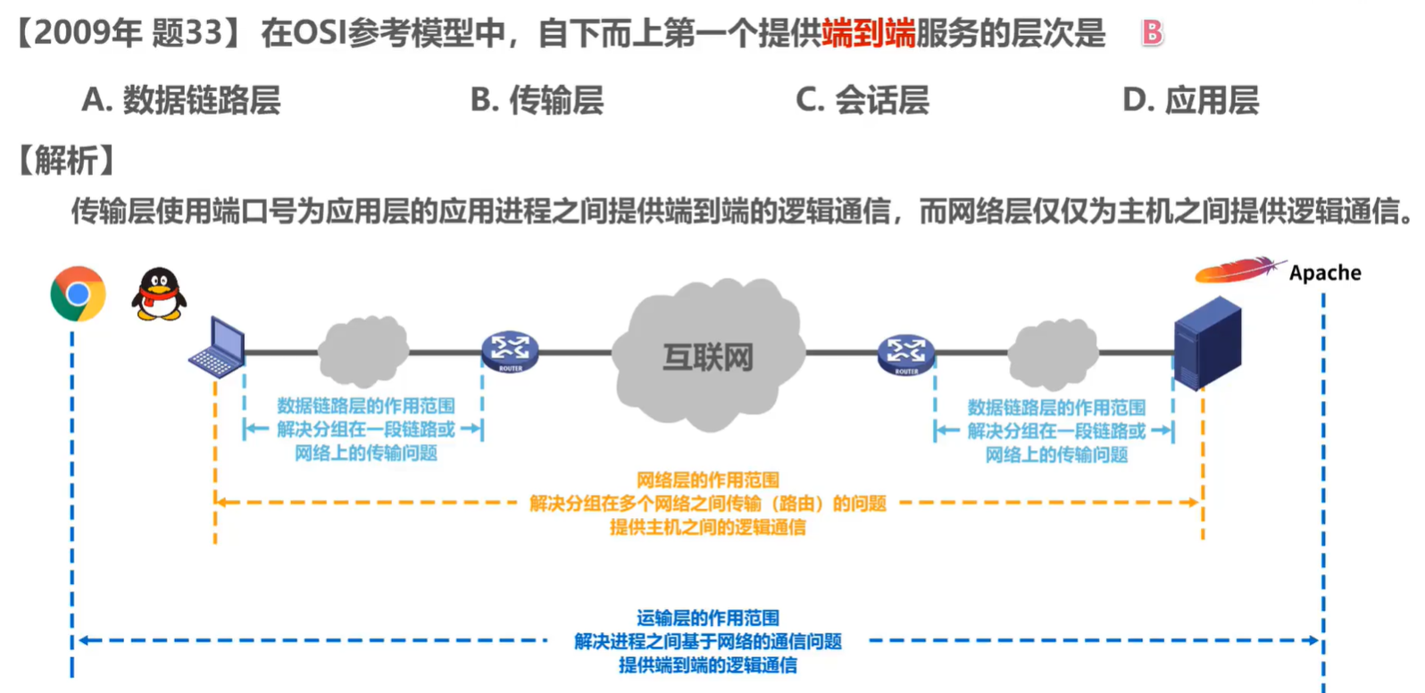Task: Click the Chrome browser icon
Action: click(x=78, y=294)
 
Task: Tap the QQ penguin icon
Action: click(x=159, y=294)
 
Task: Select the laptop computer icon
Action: click(x=218, y=348)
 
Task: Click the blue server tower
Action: click(x=1207, y=344)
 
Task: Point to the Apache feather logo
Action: click(x=1237, y=270)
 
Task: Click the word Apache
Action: click(x=1325, y=273)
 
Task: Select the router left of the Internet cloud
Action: click(x=510, y=351)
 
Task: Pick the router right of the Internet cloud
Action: click(x=906, y=354)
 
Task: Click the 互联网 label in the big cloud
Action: click(x=708, y=357)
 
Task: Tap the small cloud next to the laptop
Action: click(x=363, y=351)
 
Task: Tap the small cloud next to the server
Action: click(x=1053, y=354)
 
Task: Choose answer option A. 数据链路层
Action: click(x=181, y=100)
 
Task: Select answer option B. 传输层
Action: click(x=537, y=100)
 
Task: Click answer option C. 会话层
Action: click(x=862, y=100)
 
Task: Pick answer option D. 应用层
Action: click(x=1190, y=100)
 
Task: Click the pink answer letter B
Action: click(x=1152, y=34)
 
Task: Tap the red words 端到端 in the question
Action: click(x=868, y=34)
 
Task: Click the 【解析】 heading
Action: click(x=67, y=161)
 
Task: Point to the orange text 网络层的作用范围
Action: click(x=707, y=480)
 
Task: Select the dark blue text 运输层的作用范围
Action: click(x=707, y=618)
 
